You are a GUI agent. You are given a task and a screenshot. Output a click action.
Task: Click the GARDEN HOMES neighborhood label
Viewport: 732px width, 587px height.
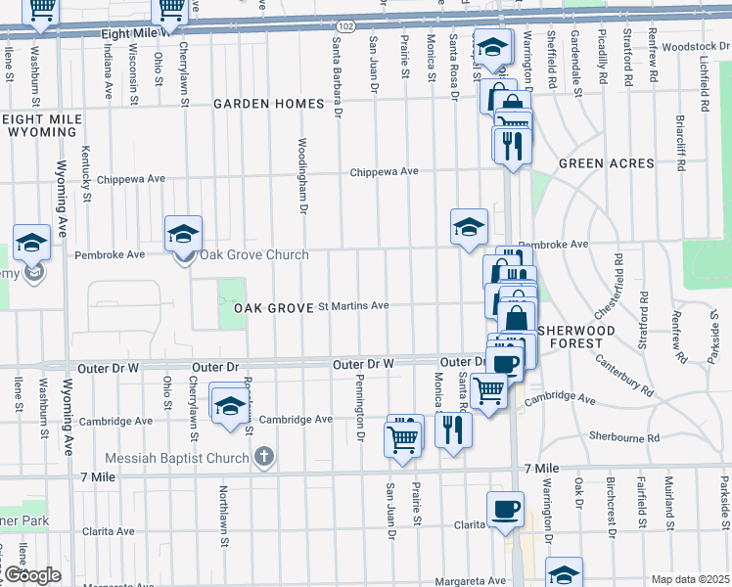[x=269, y=104]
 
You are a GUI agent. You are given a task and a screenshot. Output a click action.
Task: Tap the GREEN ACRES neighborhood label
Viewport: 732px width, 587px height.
[x=604, y=163]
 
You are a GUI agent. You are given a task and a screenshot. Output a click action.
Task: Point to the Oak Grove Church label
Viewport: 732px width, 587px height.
[x=254, y=255]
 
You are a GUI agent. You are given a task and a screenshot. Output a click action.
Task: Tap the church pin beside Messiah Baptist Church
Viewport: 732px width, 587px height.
[x=263, y=456]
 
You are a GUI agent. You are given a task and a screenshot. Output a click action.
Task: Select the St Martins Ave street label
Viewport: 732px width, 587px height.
[x=354, y=306]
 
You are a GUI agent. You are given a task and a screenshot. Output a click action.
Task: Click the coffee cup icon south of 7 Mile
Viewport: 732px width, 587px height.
[x=505, y=509]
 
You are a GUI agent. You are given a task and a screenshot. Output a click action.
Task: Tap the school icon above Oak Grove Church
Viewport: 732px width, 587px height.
[x=183, y=233]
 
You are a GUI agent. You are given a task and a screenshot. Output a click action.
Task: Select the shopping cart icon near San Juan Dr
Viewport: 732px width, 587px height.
[x=402, y=439]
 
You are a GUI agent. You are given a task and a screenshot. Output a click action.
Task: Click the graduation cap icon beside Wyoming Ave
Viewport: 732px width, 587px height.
[x=31, y=243]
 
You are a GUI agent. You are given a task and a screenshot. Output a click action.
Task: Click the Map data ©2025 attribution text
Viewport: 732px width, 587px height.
[x=690, y=579]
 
